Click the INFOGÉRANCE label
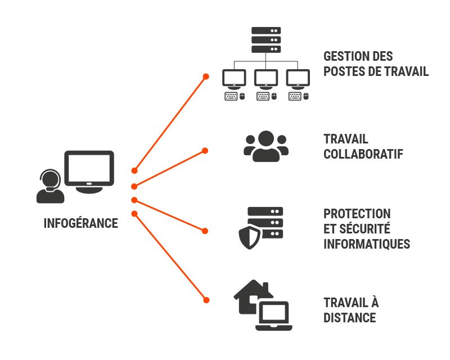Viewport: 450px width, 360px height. (80, 223)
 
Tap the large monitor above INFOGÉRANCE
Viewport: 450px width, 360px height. (89, 169)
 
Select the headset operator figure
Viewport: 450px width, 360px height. (49, 187)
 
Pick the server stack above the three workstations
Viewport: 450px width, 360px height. (265, 40)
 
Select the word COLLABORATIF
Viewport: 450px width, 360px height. (363, 154)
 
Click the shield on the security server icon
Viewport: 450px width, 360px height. (250, 238)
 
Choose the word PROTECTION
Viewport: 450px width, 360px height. (357, 214)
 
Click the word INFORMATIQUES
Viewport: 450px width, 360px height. (366, 244)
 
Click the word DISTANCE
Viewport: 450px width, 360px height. (349, 317)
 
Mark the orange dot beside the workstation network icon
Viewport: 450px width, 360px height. (206, 76)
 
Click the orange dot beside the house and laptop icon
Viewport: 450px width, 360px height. (206, 300)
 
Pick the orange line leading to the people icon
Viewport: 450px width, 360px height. (169, 168)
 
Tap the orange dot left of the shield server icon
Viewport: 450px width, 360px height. (205, 230)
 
